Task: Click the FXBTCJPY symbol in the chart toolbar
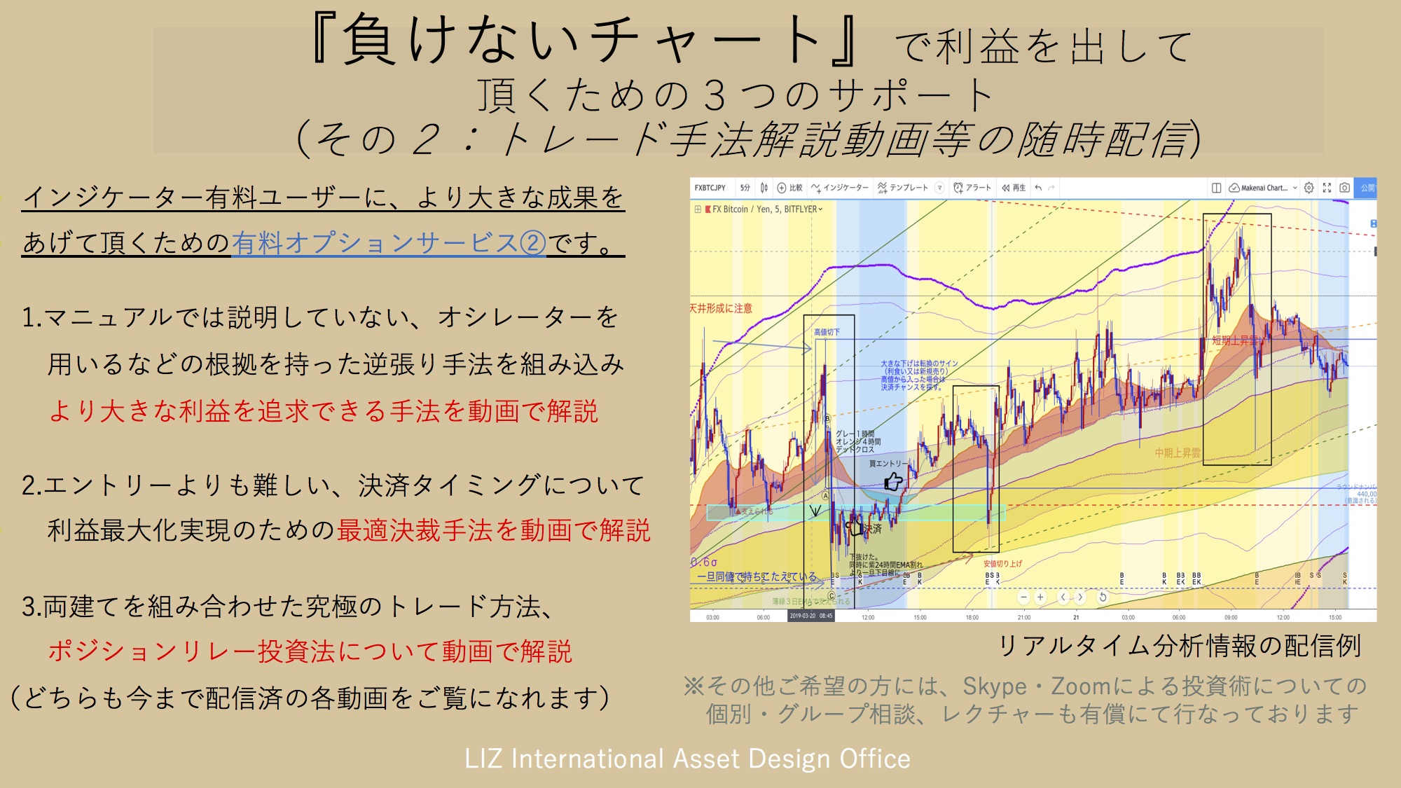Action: click(x=710, y=188)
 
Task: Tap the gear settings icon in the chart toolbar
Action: click(x=1309, y=188)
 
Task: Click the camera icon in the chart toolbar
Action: click(x=1344, y=188)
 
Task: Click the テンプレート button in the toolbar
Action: click(x=903, y=188)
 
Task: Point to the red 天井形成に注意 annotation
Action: click(x=721, y=308)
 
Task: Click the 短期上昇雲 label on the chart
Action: click(x=1235, y=340)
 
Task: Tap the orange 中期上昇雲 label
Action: click(x=1178, y=453)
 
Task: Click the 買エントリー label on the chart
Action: click(x=888, y=464)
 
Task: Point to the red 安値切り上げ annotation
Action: click(x=1002, y=563)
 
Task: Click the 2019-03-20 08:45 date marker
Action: click(x=811, y=616)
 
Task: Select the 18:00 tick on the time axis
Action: click(x=972, y=617)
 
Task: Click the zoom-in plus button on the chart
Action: click(x=1040, y=597)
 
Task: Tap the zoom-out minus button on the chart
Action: click(x=1023, y=597)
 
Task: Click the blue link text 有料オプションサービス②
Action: click(x=389, y=243)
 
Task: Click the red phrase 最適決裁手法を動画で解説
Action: click(x=494, y=530)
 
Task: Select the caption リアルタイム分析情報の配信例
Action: click(x=1180, y=645)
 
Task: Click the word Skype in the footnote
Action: click(x=994, y=686)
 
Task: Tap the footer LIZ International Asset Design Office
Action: click(x=687, y=759)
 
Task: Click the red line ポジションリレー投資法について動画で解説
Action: click(x=310, y=651)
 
